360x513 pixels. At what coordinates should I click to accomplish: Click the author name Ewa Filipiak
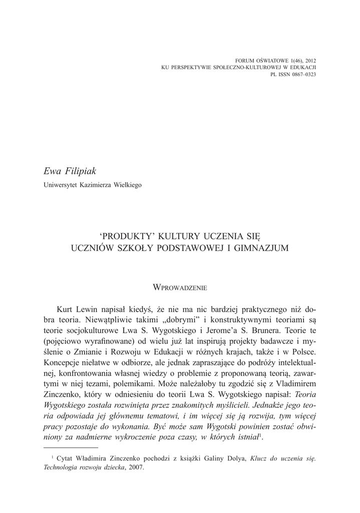click(x=72, y=172)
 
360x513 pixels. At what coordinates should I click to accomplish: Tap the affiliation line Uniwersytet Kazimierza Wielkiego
click(x=93, y=185)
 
